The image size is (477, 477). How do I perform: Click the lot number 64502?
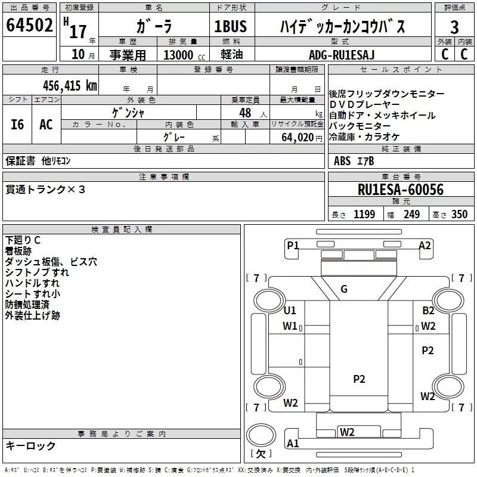pyautogui.click(x=29, y=25)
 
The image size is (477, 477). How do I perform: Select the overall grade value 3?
pyautogui.click(x=454, y=27)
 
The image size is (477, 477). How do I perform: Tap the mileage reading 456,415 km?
pyautogui.click(x=70, y=86)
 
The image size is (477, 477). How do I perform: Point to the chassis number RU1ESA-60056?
pyautogui.click(x=401, y=190)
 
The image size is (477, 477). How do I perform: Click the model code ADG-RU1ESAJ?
pyautogui.click(x=342, y=55)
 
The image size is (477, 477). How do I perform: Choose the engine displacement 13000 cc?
pyautogui.click(x=184, y=55)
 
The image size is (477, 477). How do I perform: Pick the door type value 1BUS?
pyautogui.click(x=230, y=26)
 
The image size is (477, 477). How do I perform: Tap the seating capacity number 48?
pyautogui.click(x=245, y=113)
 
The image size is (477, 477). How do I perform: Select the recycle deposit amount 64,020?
pyautogui.click(x=297, y=138)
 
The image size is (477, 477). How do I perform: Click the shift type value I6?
pyautogui.click(x=17, y=125)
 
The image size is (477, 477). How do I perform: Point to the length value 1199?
pyautogui.click(x=364, y=214)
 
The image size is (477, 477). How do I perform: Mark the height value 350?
pyautogui.click(x=459, y=214)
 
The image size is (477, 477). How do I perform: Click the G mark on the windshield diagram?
pyautogui.click(x=344, y=289)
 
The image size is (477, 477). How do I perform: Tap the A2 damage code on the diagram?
pyautogui.click(x=425, y=246)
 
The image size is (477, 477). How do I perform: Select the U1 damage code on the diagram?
pyautogui.click(x=290, y=310)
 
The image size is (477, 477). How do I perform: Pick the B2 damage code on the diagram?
pyautogui.click(x=428, y=310)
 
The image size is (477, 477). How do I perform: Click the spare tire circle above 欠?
pyautogui.click(x=261, y=436)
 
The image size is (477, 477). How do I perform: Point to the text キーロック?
pyautogui.click(x=30, y=446)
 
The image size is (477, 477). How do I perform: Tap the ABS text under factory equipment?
pyautogui.click(x=342, y=161)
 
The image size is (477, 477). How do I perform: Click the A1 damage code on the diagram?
pyautogui.click(x=293, y=444)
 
